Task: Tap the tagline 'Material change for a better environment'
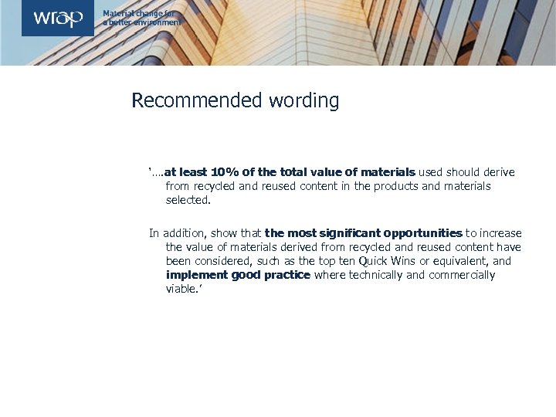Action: click(x=142, y=18)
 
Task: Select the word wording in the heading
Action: click(x=303, y=100)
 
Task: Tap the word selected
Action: click(x=187, y=200)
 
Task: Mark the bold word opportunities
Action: click(x=422, y=233)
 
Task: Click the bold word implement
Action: click(x=197, y=275)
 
